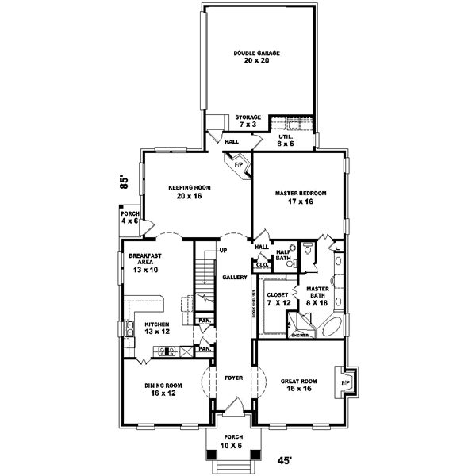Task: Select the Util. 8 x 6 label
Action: (x=286, y=140)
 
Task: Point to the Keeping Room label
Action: (x=187, y=191)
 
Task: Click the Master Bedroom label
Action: (x=300, y=197)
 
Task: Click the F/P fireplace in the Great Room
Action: (x=345, y=383)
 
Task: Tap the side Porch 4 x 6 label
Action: (x=129, y=217)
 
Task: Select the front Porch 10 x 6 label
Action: (x=233, y=441)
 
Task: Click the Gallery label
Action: (x=233, y=278)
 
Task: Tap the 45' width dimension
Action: (x=283, y=459)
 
